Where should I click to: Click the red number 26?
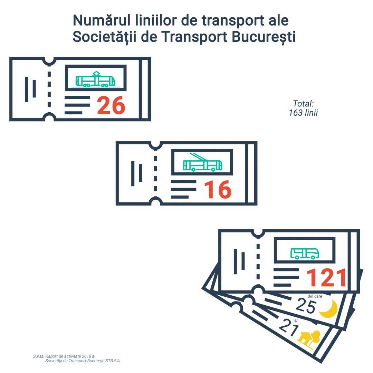pyautogui.click(x=111, y=106)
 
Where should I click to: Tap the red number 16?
pyautogui.click(x=217, y=190)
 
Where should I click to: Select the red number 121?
pyautogui.click(x=326, y=278)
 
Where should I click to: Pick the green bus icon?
pyautogui.click(x=305, y=253)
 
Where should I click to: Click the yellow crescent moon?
pyautogui.click(x=328, y=308)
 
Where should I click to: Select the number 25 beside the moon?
pyautogui.click(x=306, y=306)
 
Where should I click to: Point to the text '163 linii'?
pyautogui.click(x=303, y=113)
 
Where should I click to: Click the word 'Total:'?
pyautogui.click(x=303, y=103)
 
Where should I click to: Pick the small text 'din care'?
pyautogui.click(x=315, y=296)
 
